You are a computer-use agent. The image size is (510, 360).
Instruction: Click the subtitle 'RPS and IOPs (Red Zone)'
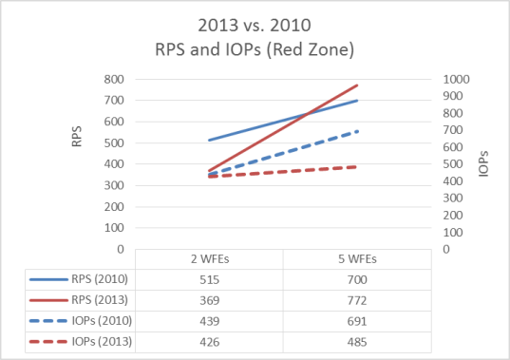tap(255, 47)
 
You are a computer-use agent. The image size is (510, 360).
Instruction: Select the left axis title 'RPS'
tap(77, 141)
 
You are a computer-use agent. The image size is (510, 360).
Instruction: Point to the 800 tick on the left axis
tap(115, 79)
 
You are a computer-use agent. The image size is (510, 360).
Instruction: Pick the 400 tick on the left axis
tap(115, 164)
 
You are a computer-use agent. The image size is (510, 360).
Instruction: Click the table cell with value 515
tap(209, 280)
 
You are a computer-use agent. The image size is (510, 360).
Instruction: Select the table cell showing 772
tap(357, 300)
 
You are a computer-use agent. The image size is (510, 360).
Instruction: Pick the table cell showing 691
tap(357, 320)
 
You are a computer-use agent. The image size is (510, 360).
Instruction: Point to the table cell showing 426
tap(209, 340)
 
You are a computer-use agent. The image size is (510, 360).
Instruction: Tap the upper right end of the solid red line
tap(357, 85)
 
